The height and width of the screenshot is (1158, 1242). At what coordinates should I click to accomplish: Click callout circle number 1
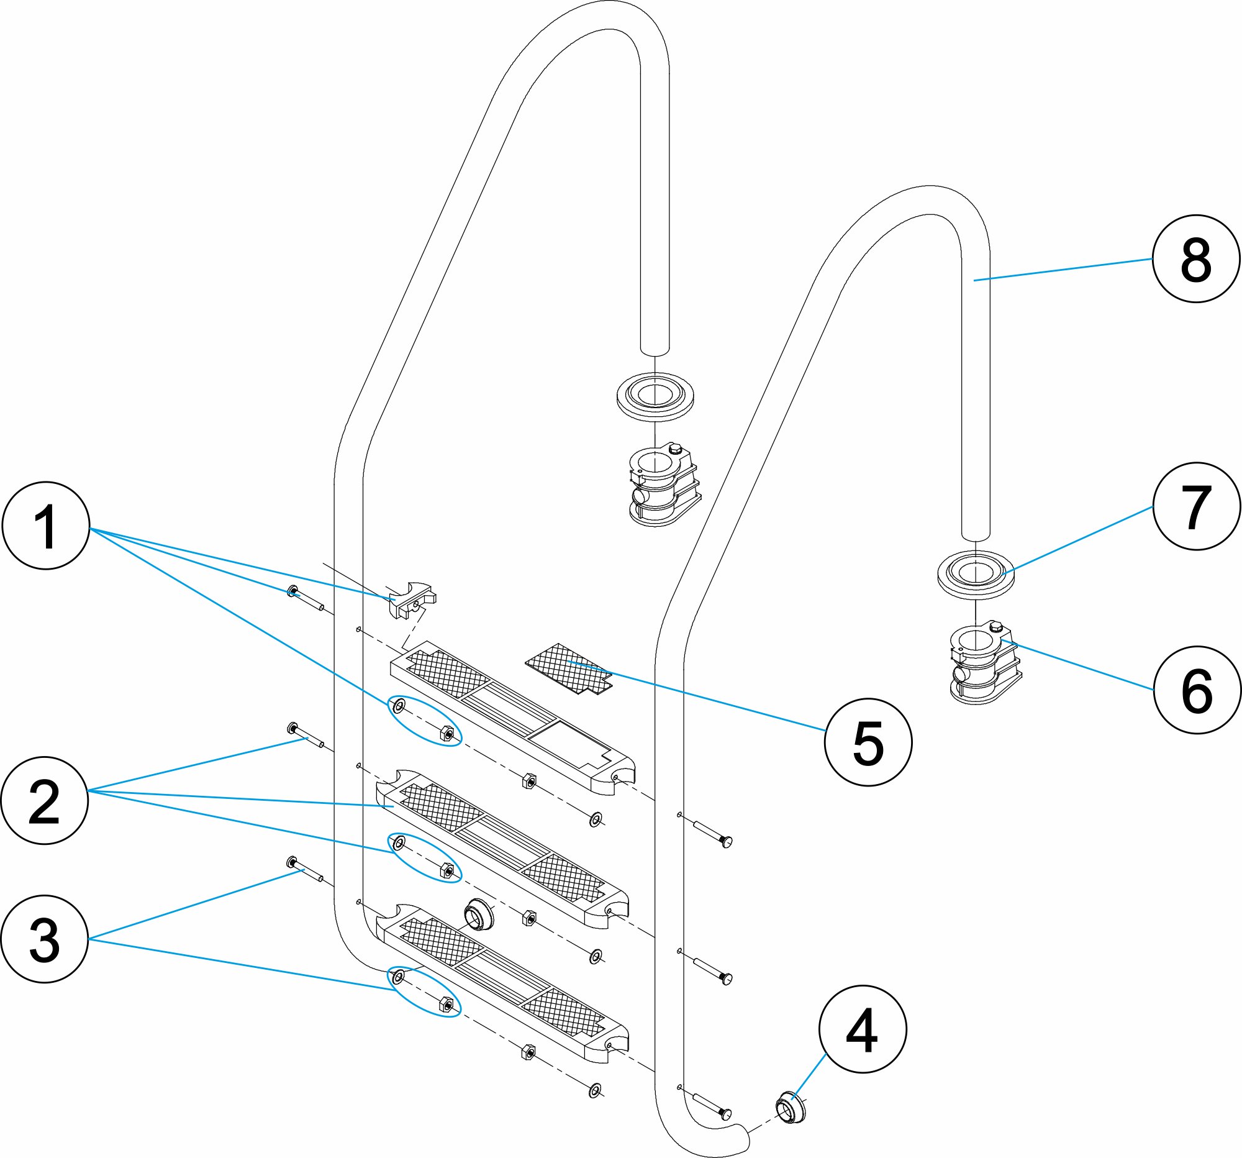46,526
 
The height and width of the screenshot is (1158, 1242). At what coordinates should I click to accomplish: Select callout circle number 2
45,801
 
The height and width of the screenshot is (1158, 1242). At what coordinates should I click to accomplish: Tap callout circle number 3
45,939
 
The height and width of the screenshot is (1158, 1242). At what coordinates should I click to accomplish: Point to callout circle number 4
862,1029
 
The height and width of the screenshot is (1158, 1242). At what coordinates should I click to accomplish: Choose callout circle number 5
868,742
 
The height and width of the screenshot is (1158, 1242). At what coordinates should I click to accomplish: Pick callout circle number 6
1197,690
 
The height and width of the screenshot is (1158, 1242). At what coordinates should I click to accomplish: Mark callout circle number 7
1197,506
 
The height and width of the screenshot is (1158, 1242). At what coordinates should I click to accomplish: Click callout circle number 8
1196,258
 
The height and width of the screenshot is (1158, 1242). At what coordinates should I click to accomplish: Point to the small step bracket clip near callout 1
411,600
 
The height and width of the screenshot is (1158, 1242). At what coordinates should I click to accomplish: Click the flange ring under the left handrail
654,396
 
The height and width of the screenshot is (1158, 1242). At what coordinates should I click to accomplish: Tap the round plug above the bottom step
479,915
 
